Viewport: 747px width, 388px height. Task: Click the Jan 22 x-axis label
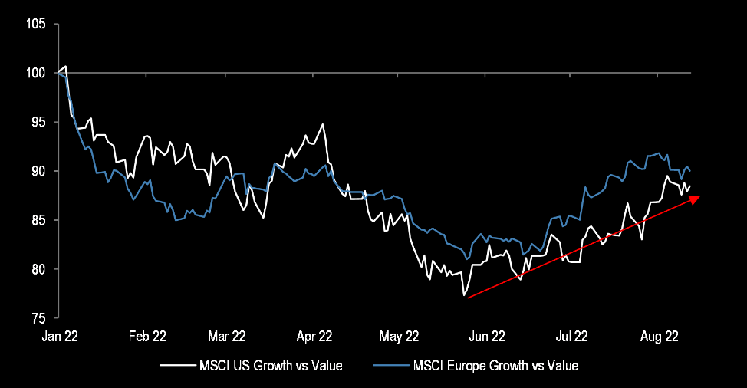point(58,336)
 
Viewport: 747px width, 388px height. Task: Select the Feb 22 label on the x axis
point(147,336)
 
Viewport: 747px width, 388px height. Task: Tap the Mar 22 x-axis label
point(227,336)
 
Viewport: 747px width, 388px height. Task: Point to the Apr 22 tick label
point(314,336)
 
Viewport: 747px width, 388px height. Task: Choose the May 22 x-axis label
point(400,336)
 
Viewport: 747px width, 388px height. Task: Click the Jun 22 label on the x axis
point(487,336)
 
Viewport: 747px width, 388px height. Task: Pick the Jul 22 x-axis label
point(571,336)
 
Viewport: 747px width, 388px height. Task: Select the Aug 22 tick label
point(660,336)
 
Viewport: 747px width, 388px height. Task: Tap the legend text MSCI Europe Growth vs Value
point(495,366)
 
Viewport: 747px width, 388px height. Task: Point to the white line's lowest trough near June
point(464,296)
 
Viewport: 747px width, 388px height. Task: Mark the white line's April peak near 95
point(324,124)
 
